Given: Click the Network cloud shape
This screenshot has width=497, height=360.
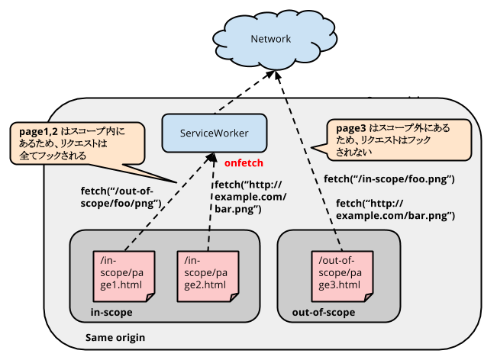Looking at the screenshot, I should (270, 40).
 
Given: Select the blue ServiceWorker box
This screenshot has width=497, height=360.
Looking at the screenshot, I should (214, 133).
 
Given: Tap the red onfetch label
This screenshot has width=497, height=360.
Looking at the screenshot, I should (244, 163).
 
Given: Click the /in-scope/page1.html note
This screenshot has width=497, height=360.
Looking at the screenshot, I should (123, 273).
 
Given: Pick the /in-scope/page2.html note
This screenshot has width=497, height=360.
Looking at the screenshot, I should (207, 273).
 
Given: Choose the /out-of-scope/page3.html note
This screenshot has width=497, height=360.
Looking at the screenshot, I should (340, 273).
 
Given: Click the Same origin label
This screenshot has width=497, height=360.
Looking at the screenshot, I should (115, 337).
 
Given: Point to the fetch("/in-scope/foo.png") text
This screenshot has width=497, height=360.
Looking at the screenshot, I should (389, 179).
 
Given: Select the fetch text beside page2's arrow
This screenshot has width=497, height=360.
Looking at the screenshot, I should (250, 198).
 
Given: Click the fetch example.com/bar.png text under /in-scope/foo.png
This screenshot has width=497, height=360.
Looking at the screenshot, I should (395, 211).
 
